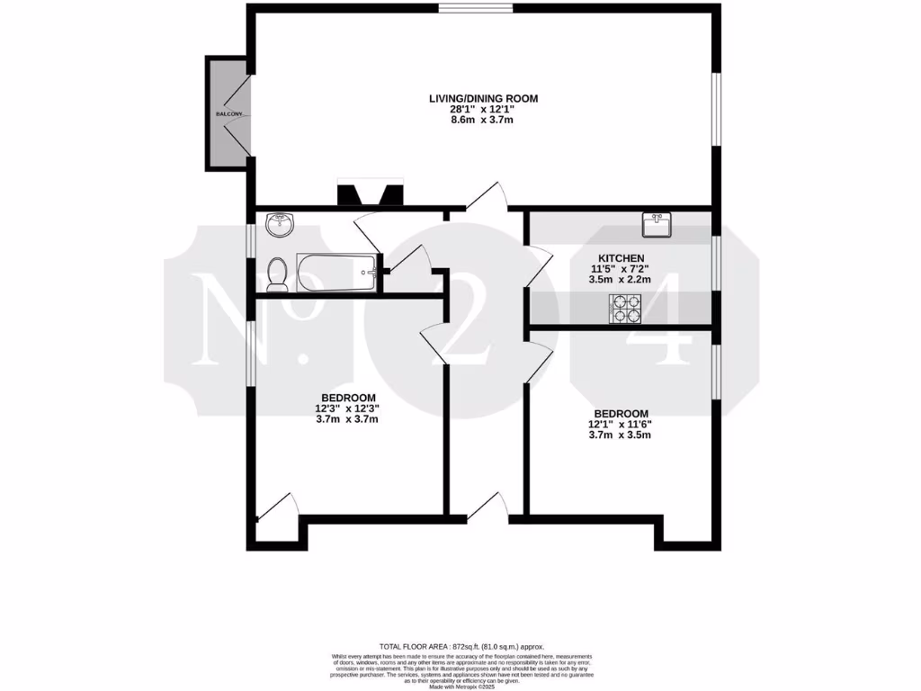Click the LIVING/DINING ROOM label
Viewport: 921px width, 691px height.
[482, 98]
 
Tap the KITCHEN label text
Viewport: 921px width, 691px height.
[617, 258]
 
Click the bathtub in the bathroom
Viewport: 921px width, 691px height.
[336, 272]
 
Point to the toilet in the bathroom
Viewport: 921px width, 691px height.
[277, 274]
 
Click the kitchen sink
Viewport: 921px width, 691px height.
[656, 225]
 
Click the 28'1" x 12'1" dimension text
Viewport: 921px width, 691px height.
[482, 110]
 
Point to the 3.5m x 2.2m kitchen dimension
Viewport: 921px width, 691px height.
[617, 280]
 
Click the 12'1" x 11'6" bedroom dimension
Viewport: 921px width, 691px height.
[619, 424]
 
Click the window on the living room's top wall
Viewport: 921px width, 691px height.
[476, 9]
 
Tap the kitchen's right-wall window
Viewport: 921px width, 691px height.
[716, 263]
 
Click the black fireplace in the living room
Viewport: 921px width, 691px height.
[371, 195]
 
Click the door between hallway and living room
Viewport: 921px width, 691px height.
[487, 197]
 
